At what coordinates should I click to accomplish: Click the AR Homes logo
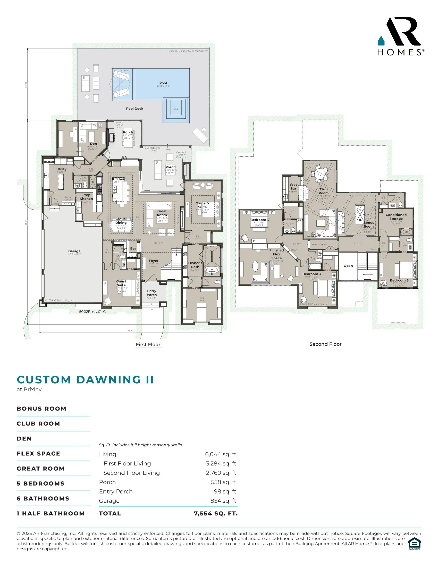coord(401,36)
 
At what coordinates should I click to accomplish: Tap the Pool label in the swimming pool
coord(163,83)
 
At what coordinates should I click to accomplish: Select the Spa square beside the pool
coord(176,109)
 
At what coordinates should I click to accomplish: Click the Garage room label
coord(74,251)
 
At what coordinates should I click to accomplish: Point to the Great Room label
coord(162,213)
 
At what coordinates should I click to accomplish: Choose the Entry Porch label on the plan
coord(151,293)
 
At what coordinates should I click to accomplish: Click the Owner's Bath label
coord(195,265)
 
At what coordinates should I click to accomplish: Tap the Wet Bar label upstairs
coord(293,186)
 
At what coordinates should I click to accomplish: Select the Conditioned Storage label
coord(396,216)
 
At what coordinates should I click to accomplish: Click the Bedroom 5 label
coord(399,280)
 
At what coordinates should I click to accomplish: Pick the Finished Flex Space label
coord(276,254)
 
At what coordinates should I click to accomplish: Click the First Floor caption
coord(148,345)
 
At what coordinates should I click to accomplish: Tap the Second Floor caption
coord(325,344)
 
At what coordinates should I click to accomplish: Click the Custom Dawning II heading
coord(85,380)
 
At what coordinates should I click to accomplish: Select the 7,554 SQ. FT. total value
coord(216,513)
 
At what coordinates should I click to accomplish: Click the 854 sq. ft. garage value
coord(224,501)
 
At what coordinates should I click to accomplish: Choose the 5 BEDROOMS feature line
coord(40,483)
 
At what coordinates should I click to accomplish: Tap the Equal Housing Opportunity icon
coord(414,544)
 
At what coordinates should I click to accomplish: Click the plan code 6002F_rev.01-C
coord(92,312)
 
